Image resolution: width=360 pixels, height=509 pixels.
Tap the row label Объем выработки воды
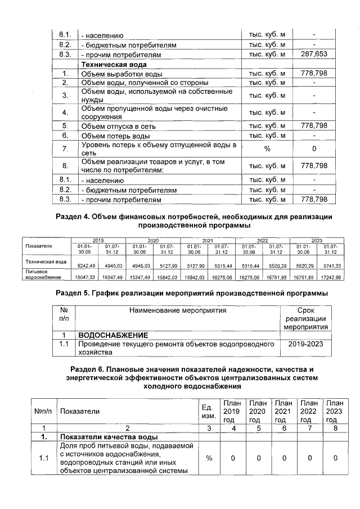coord(118,74)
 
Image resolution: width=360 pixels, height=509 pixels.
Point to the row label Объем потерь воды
coord(115,136)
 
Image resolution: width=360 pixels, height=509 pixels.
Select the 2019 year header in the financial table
coord(98,240)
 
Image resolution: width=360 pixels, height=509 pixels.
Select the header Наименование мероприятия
coord(178,310)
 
